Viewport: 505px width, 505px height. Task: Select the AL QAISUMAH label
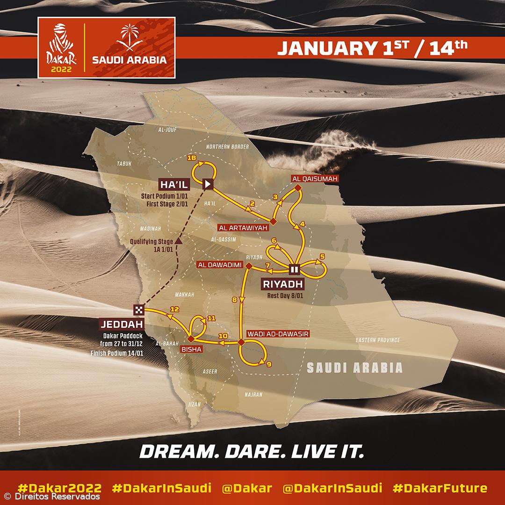[314, 179]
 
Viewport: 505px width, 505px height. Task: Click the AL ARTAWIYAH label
[242, 227]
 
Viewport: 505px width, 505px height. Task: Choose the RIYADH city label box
[282, 284]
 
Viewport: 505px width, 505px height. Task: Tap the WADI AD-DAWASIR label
[279, 334]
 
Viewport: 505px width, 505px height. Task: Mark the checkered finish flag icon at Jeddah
[139, 309]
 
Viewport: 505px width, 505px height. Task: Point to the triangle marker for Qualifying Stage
[178, 241]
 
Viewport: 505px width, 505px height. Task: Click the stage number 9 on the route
[268, 363]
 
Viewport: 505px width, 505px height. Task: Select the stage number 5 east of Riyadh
[322, 256]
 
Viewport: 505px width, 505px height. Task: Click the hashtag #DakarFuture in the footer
[440, 489]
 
